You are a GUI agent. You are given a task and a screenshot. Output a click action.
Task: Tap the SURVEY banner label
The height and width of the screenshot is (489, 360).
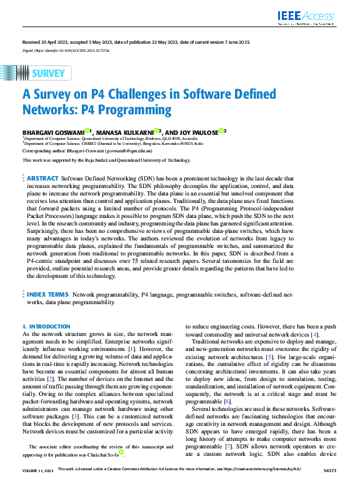[x=47, y=74]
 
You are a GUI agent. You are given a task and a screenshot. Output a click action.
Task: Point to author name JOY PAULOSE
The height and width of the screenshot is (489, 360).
[x=196, y=132]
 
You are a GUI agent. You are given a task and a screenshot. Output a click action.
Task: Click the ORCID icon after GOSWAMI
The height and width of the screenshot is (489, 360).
[x=87, y=131]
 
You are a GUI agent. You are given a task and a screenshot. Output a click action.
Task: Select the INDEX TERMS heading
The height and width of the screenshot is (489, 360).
[x=47, y=294]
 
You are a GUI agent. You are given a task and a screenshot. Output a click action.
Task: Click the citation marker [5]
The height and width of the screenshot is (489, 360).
[x=269, y=357]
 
